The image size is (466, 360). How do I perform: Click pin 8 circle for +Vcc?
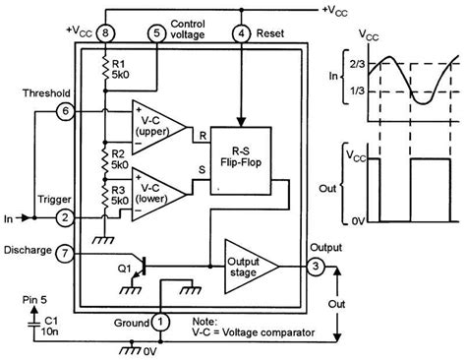pos(106,34)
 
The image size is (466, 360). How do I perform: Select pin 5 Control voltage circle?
pos(157,34)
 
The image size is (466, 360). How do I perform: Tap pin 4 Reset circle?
pos(241,34)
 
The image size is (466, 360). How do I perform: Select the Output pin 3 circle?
pos(317,268)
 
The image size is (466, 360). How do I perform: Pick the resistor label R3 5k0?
pos(122,194)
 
